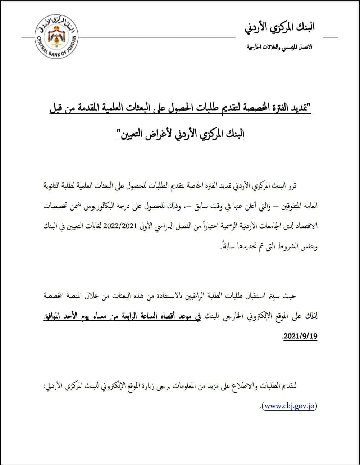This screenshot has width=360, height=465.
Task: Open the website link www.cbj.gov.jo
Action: [x=290, y=406]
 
